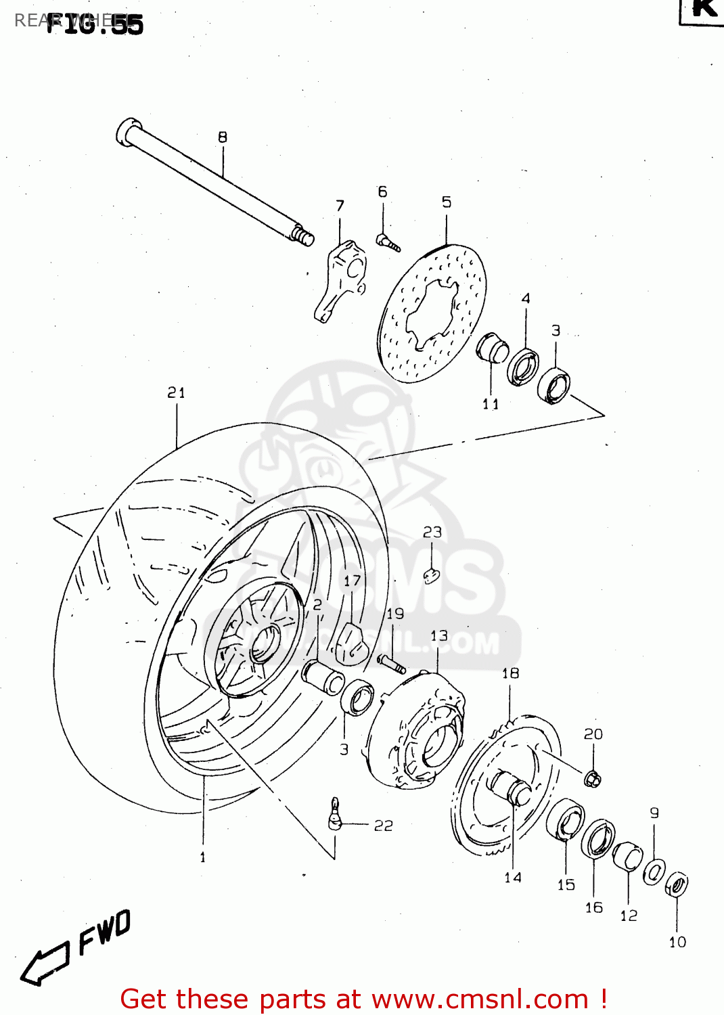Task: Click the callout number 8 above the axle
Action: click(x=223, y=137)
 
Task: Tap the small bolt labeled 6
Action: click(x=388, y=242)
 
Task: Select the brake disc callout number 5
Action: click(x=447, y=202)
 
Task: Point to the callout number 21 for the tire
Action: click(x=176, y=392)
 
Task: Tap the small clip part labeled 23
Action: click(x=432, y=575)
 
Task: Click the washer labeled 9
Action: click(x=654, y=871)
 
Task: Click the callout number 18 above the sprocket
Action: click(x=510, y=673)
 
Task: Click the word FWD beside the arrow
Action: click(x=105, y=932)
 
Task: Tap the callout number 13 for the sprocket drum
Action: click(x=439, y=636)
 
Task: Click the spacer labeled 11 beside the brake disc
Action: click(x=493, y=348)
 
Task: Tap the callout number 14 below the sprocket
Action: click(x=513, y=878)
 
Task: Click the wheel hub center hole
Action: click(x=265, y=644)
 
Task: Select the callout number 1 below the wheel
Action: click(x=202, y=857)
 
